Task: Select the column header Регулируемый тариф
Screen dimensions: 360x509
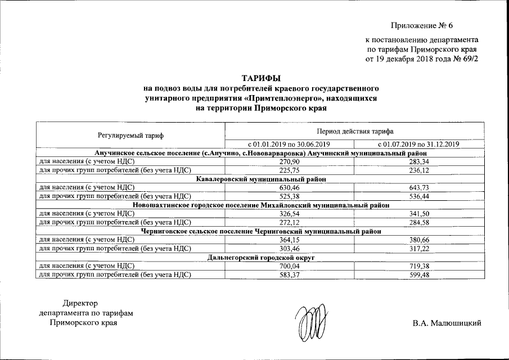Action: pos(130,136)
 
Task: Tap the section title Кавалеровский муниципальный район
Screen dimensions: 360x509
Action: pos(260,178)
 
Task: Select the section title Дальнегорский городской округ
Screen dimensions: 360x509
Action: pos(260,257)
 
